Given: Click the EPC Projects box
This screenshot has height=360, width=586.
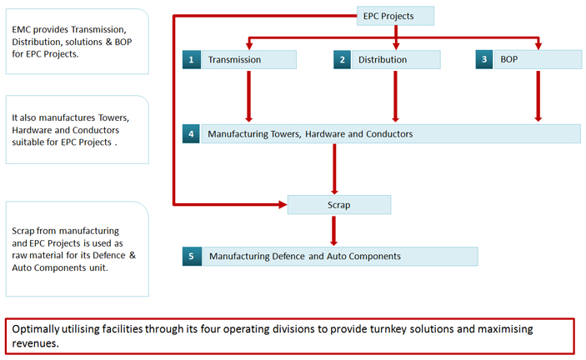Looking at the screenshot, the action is pos(395,16).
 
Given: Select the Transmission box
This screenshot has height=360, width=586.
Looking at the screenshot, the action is pos(249,60).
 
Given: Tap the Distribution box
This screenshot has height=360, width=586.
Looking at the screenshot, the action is pos(396,60).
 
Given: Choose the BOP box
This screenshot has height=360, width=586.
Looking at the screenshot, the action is pos(538,60).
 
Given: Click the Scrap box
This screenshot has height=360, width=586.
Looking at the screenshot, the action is pos(339,205).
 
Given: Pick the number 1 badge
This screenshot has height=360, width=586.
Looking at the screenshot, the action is pos(192,60).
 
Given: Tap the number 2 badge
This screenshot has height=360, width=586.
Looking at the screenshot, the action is pos(342,60).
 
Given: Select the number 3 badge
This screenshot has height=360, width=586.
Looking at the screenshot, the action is pos(484,60).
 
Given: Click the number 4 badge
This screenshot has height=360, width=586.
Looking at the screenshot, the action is pos(191,133).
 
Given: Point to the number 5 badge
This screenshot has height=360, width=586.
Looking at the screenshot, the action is pos(192,256).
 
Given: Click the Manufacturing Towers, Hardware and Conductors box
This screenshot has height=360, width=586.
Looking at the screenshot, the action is pos(391,133).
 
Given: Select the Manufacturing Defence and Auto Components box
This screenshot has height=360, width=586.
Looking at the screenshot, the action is pos(340,256).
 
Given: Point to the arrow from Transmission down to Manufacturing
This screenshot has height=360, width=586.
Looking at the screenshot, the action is pos(249,96).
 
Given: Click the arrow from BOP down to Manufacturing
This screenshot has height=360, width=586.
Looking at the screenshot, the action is pos(538,96).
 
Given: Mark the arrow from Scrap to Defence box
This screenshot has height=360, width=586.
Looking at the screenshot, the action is pos(333,230).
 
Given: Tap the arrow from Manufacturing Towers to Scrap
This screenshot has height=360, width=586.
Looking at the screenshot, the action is pos(334,169).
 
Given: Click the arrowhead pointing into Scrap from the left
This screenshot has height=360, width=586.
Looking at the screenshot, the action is pos(283,204).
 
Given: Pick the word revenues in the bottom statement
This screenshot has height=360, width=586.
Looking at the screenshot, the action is pos(35,343).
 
